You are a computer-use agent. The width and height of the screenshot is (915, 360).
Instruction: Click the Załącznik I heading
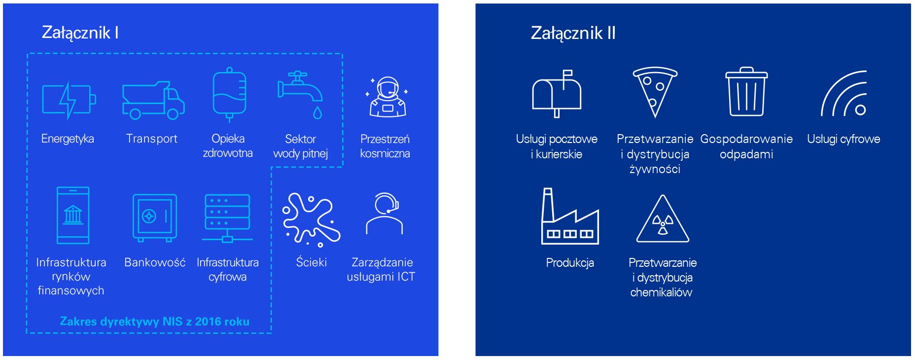point(80,33)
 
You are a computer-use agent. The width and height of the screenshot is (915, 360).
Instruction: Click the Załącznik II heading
point(573,33)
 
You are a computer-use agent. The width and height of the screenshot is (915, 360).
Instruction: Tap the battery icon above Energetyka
point(69,101)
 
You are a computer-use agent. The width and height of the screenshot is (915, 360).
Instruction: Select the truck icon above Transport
point(153,101)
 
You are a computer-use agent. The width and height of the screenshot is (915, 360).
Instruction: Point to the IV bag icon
point(229,94)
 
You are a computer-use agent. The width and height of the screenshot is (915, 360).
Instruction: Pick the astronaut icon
point(387,97)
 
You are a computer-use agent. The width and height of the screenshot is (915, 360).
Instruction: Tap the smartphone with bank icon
point(73,216)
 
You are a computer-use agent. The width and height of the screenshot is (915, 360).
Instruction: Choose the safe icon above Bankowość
point(154,217)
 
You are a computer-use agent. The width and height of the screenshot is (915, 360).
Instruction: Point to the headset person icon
point(385,214)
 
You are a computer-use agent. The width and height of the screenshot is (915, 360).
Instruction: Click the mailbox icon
point(557,94)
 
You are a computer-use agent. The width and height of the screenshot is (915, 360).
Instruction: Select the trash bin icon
point(746,92)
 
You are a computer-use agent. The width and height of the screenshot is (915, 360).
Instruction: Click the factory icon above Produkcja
point(570,216)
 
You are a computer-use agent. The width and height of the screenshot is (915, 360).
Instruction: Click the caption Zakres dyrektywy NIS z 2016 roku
point(154,322)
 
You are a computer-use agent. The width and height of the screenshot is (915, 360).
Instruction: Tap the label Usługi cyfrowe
point(844,139)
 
